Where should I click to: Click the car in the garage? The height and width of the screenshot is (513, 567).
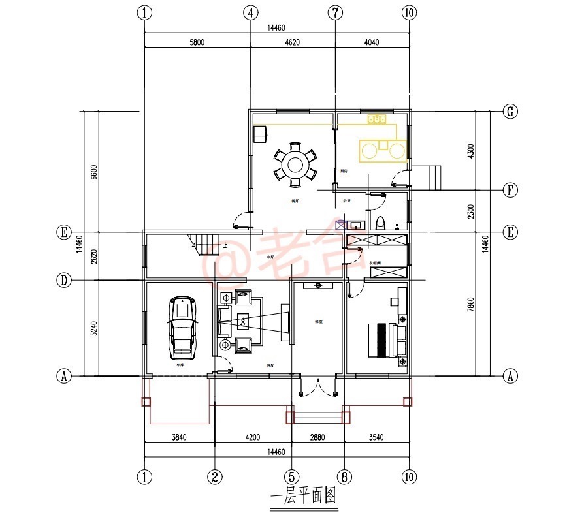click(x=182, y=328)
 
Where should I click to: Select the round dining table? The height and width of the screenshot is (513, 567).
click(x=295, y=163)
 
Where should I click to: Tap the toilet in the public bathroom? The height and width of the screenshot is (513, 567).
click(x=381, y=222)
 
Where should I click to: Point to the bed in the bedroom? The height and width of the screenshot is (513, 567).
click(x=385, y=339)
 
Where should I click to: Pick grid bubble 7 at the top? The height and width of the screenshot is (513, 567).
click(x=334, y=12)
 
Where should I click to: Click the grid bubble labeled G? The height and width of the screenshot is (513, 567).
click(x=510, y=111)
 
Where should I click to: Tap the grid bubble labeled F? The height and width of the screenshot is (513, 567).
click(x=510, y=190)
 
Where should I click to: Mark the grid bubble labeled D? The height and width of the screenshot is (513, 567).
click(x=63, y=280)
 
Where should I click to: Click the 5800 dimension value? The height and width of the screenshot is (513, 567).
click(x=197, y=42)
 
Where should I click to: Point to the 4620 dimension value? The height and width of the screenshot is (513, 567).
click(x=293, y=42)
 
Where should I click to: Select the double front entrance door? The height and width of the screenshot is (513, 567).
click(x=317, y=386)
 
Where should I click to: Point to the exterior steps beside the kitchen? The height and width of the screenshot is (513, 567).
click(x=430, y=177)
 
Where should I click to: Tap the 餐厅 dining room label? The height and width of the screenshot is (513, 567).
click(x=295, y=201)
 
